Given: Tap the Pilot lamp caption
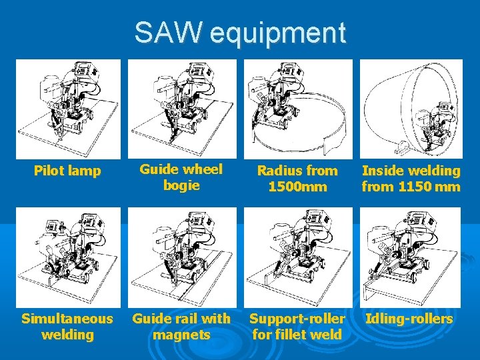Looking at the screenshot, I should [x=67, y=171].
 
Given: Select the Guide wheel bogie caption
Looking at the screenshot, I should [x=181, y=177].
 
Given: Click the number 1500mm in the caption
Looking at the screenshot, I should [x=297, y=187].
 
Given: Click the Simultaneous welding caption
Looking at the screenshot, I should [x=67, y=326].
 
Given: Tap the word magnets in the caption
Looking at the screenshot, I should [x=181, y=334].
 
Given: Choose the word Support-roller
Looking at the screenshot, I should [x=297, y=319].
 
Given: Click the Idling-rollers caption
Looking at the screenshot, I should [x=409, y=319].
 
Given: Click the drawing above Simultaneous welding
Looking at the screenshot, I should [x=68, y=257].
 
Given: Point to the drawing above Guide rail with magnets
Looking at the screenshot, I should [x=181, y=257].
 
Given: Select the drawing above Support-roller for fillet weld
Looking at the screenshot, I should [x=297, y=257].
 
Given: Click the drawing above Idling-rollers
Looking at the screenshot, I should [x=411, y=257].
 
